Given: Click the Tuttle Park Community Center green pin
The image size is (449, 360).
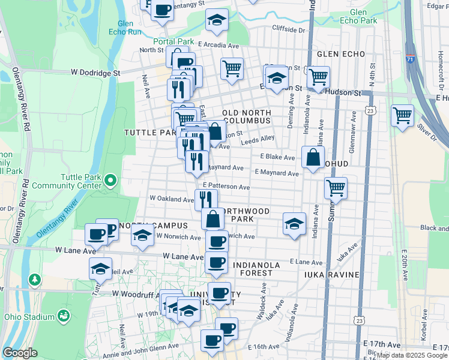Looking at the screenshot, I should click(110, 180).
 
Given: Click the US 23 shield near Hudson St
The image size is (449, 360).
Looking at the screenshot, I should click(370, 110).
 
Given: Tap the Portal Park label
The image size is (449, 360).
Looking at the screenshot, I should click(173, 41).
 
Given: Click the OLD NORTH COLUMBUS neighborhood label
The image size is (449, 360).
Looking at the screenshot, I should click(247, 118).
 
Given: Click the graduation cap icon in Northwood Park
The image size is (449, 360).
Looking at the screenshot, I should click(294, 224).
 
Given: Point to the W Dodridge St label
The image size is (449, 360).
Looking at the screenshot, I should click(96, 73).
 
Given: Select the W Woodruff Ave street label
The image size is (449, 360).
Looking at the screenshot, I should click(135, 293).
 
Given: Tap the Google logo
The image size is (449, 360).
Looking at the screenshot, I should click(20, 353).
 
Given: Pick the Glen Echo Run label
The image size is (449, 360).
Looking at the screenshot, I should click(125, 28).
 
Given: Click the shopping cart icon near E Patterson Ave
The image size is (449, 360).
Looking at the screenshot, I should click(336, 187).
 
